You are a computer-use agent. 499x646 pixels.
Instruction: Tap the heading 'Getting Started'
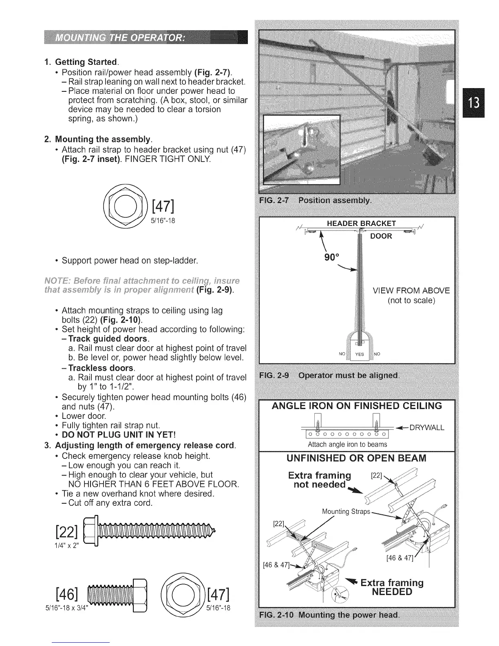(x=86, y=62)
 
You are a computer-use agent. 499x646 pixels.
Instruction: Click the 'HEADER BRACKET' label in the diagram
(x=361, y=223)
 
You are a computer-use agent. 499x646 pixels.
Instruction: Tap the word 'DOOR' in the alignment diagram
(x=381, y=236)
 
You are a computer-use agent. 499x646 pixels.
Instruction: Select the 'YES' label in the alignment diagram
(x=359, y=354)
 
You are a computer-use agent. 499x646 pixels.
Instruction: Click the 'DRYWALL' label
(x=426, y=427)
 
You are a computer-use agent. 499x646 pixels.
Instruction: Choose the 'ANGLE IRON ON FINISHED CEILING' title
(x=357, y=406)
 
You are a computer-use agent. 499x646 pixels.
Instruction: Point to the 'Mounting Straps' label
(x=346, y=511)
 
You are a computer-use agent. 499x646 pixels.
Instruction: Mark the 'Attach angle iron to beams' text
(x=347, y=444)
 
